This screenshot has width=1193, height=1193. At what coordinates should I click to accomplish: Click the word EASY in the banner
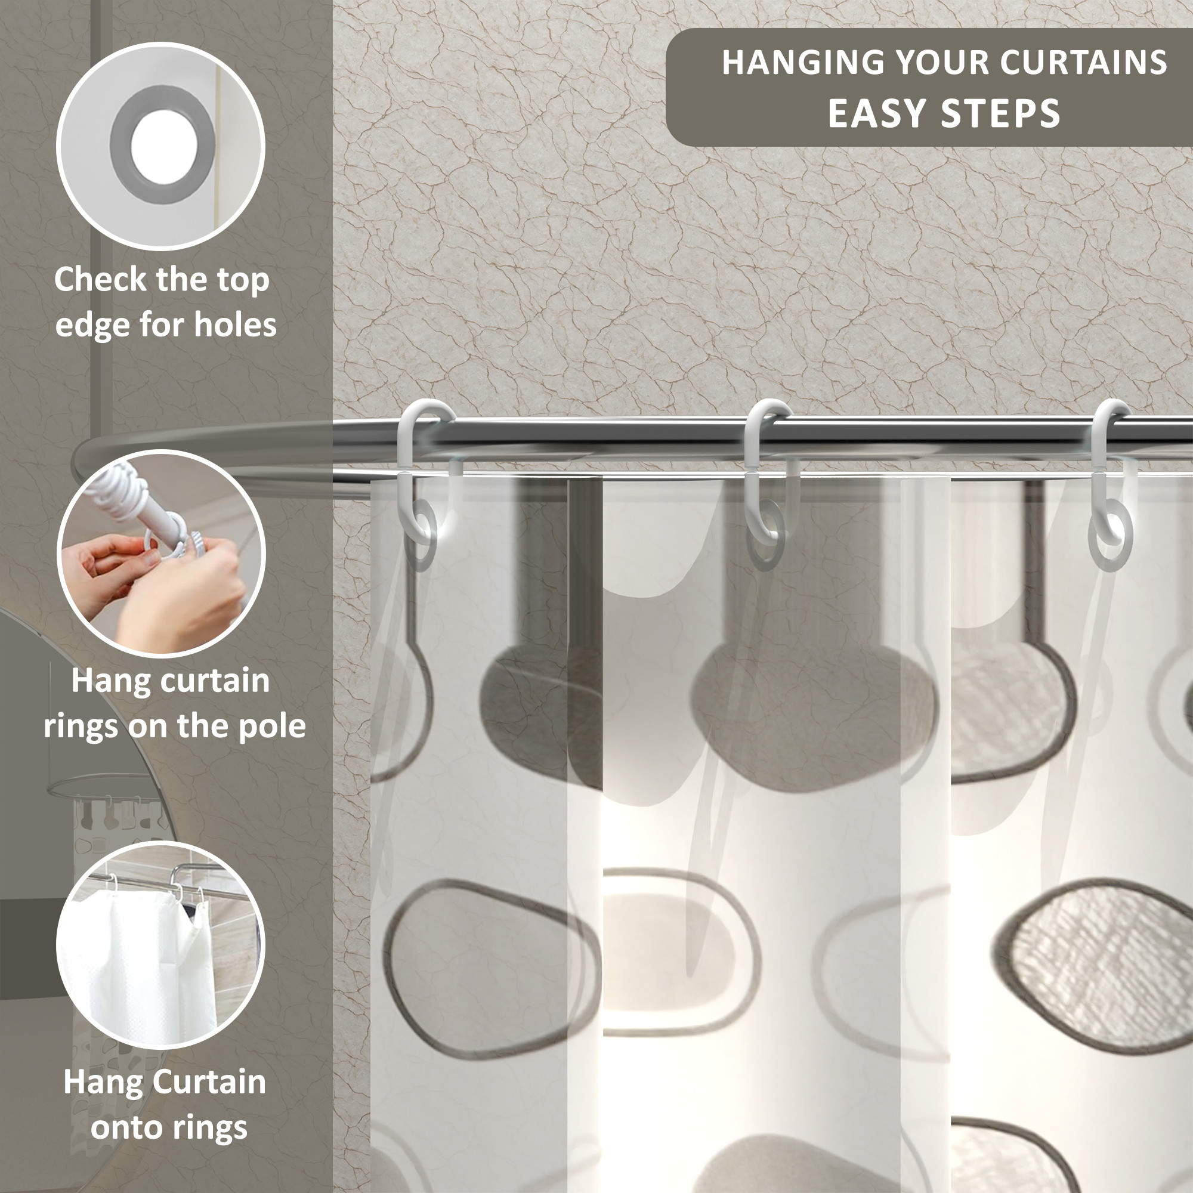876,113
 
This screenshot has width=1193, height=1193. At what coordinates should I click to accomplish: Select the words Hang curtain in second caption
171,681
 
